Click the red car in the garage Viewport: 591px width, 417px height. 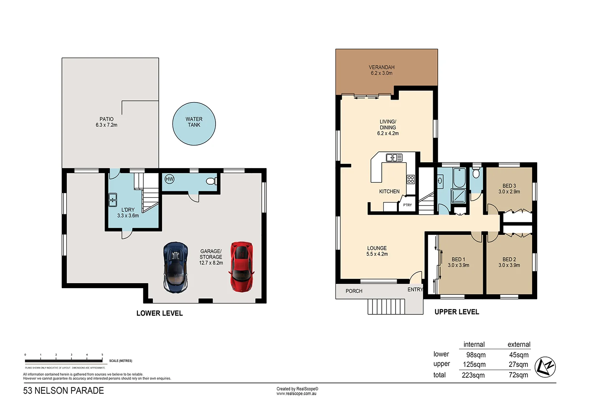click(241, 266)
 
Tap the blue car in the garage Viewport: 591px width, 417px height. click(175, 267)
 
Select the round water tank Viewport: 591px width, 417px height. click(194, 124)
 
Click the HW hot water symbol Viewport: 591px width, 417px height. click(169, 179)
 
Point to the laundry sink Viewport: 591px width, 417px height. click(113, 200)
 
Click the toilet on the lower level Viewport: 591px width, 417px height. click(212, 181)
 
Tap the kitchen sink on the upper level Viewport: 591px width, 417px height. click(394, 158)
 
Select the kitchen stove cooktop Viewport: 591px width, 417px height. click(411, 179)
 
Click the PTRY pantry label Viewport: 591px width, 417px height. click(407, 205)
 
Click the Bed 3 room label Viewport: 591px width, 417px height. click(509, 186)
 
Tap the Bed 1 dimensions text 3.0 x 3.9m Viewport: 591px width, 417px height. click(458, 265)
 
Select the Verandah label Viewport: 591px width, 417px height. click(381, 67)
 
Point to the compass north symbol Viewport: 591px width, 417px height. click(545, 367)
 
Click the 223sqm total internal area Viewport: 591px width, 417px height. click(473, 375)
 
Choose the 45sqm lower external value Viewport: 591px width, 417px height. click(519, 355)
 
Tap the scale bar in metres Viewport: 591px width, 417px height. click(63, 361)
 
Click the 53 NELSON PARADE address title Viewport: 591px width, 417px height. click(63, 391)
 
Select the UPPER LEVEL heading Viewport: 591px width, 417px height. click(457, 312)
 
